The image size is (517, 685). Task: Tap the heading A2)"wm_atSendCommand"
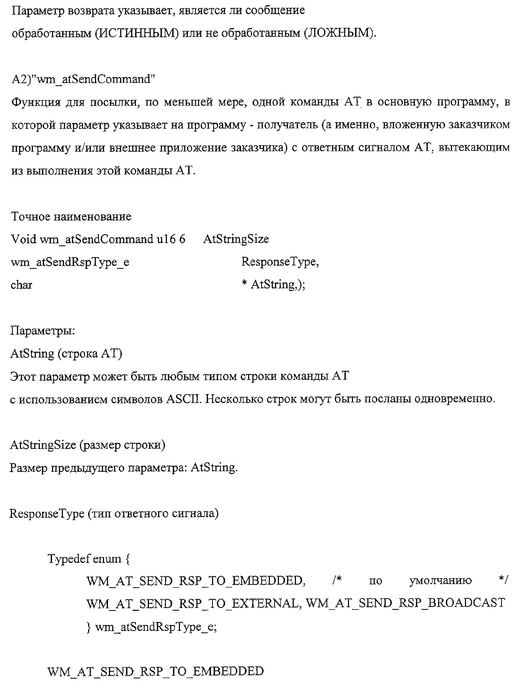(x=83, y=79)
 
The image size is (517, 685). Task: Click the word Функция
(x=36, y=102)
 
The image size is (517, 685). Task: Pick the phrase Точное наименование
(x=71, y=216)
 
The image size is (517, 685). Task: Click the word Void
(x=24, y=239)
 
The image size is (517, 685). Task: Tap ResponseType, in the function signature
(x=280, y=262)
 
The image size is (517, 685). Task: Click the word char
(x=21, y=284)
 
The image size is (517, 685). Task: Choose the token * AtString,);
(x=274, y=284)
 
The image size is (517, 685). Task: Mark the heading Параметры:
(x=42, y=330)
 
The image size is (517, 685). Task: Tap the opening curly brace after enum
(x=128, y=559)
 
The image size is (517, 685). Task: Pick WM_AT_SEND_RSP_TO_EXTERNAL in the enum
(x=194, y=603)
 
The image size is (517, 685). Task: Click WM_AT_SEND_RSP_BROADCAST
(x=405, y=603)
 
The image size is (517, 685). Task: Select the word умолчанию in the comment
(x=440, y=581)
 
